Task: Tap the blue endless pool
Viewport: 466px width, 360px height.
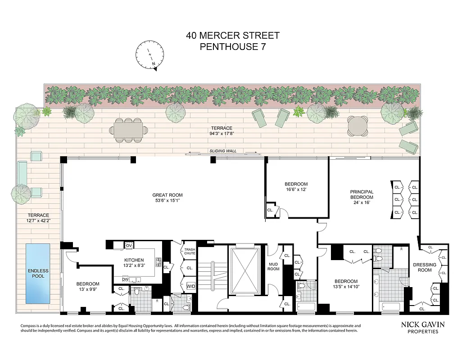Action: (x=37, y=273)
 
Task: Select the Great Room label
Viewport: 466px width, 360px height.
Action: (x=167, y=195)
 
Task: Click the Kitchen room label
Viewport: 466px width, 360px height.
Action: (x=134, y=260)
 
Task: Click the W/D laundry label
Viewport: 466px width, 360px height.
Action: (x=190, y=286)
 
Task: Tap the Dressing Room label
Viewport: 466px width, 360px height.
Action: (x=425, y=267)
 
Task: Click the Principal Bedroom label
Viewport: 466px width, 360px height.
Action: (x=362, y=194)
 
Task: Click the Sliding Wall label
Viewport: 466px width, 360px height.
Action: (x=223, y=151)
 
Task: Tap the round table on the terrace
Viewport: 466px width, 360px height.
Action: (x=357, y=125)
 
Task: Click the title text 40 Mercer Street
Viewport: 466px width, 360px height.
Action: (x=233, y=36)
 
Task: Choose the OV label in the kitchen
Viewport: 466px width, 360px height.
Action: (x=128, y=245)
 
